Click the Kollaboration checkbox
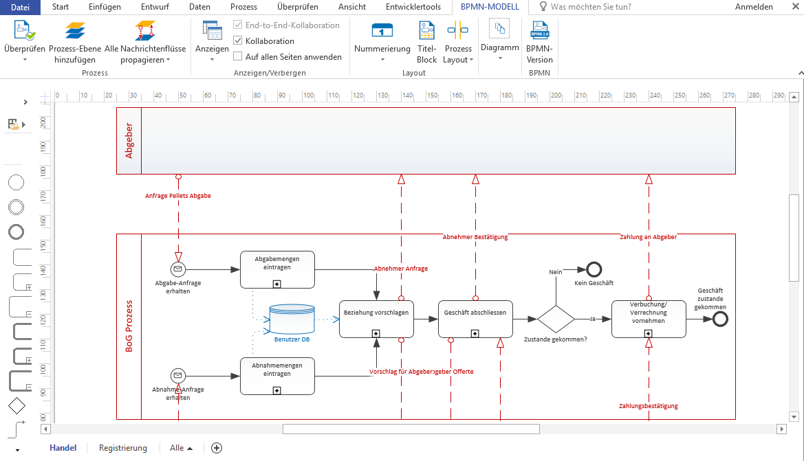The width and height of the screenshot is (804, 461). click(238, 41)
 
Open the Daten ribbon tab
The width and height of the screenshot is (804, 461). click(199, 7)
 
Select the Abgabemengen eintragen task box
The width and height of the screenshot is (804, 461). click(277, 269)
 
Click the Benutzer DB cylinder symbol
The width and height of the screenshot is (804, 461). click(292, 319)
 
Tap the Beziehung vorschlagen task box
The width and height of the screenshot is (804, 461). click(376, 319)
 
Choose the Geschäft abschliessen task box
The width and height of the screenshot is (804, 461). click(475, 319)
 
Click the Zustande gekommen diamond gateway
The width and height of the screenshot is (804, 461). click(556, 319)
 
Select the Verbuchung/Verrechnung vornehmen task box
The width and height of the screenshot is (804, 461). click(649, 319)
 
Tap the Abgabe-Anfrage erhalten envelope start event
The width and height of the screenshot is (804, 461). click(178, 269)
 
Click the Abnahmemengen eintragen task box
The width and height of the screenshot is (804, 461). click(277, 376)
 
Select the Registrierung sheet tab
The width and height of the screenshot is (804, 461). click(123, 448)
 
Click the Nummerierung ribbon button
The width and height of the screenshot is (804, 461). click(382, 41)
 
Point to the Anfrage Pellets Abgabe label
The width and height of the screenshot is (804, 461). click(178, 196)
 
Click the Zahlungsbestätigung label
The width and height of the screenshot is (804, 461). click(648, 406)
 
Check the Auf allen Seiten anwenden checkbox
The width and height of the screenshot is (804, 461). click(238, 56)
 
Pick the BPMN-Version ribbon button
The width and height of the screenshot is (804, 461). click(539, 41)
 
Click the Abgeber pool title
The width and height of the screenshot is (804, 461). click(129, 141)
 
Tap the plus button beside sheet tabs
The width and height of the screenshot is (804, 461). click(217, 448)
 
